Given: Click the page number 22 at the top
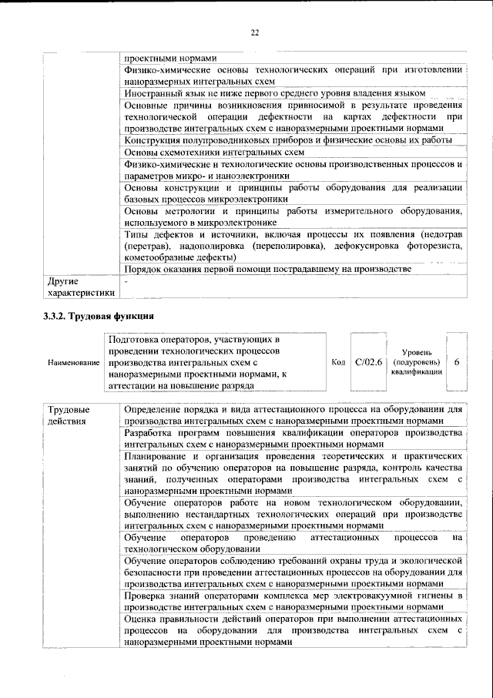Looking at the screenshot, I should [254, 32].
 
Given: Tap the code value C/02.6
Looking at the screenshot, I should [369, 361].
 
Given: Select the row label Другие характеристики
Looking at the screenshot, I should [80, 287].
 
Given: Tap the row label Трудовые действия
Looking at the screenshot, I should [69, 415].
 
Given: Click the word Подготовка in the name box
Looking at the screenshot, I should [136, 338].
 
